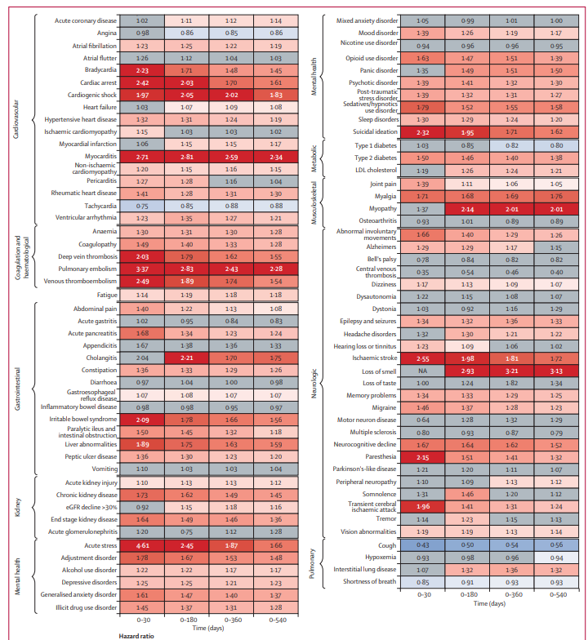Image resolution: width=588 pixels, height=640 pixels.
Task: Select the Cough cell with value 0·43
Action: point(424,545)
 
